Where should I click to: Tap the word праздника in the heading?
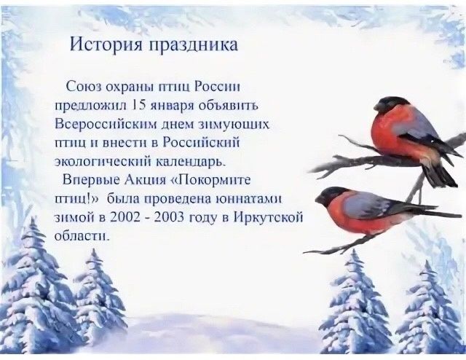tap(193, 45)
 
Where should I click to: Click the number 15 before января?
tap(138, 106)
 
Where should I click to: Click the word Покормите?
tap(213, 180)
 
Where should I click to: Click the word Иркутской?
tap(269, 218)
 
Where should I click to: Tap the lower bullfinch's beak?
tap(319, 198)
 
